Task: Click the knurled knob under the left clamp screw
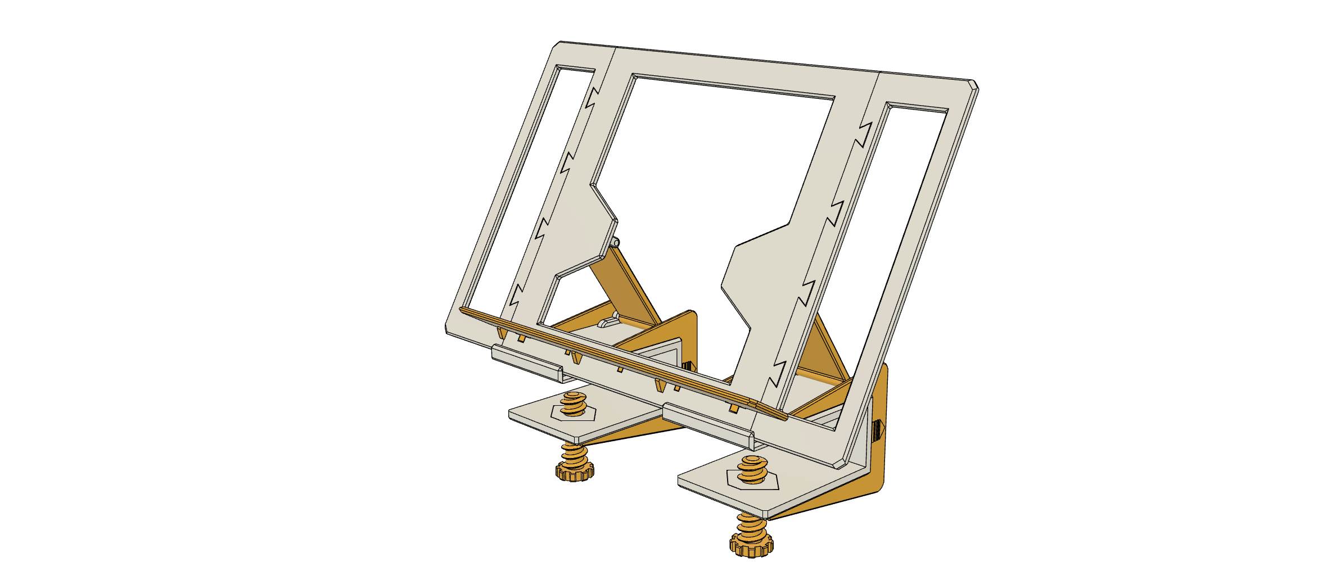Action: pos(574,470)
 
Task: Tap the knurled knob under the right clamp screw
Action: pos(751,544)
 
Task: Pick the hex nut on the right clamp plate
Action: pos(752,479)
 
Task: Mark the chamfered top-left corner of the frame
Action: pos(556,44)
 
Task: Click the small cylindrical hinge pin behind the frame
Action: pos(616,243)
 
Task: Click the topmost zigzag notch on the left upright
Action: pos(590,98)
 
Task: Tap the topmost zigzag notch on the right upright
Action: pos(863,135)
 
